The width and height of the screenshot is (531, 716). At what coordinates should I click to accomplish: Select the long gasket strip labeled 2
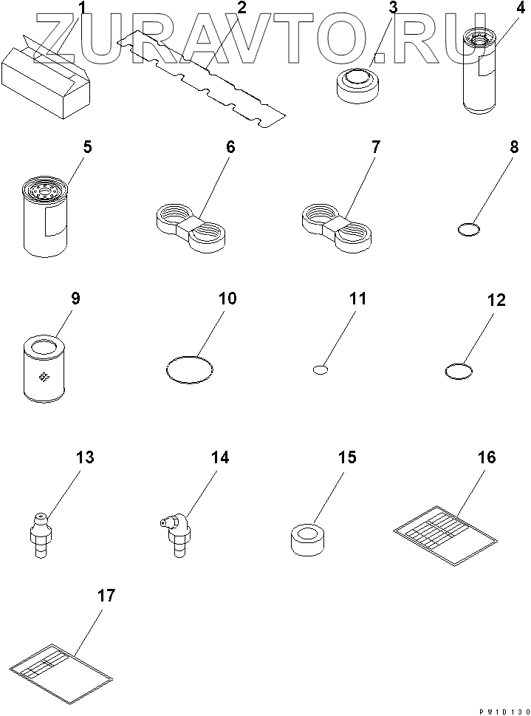(x=201, y=78)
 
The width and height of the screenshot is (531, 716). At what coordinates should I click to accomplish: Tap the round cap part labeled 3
(x=356, y=86)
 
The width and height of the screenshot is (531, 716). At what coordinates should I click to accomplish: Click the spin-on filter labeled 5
(x=45, y=216)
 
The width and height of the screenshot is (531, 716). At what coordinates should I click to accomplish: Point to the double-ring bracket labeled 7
(x=337, y=227)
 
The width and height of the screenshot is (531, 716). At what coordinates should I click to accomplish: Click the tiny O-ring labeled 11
(x=321, y=369)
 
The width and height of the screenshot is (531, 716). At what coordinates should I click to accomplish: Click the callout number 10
(x=227, y=299)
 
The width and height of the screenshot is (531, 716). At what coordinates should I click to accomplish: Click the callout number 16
(x=487, y=457)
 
